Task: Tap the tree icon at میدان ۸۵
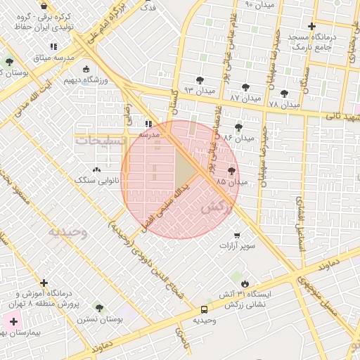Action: coord(232,172)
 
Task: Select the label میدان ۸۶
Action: coord(238,139)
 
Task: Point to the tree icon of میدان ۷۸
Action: coord(284,94)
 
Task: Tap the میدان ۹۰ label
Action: coord(257,4)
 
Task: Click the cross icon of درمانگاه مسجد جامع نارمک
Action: coord(311,27)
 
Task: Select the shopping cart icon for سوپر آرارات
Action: coord(237,236)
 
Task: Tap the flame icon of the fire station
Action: coord(244,284)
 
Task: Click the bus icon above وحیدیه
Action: coord(204,309)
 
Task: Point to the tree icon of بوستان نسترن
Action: coord(99,308)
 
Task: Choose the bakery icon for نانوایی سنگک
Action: coord(96,169)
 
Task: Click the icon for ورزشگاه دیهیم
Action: coord(86,70)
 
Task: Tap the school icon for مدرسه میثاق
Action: coord(53,47)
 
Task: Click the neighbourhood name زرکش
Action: coord(217,208)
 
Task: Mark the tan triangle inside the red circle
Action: coord(185,169)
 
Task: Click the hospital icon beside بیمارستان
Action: coord(14,321)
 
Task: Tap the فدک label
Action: coord(148,8)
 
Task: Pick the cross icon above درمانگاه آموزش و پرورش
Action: coord(44,283)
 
